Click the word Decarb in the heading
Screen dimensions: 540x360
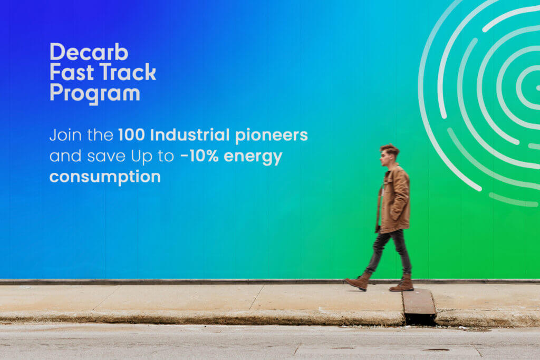coord(89,52)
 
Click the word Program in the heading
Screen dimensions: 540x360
coord(95,94)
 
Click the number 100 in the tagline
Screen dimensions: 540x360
coord(131,135)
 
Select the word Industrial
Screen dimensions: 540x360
coord(190,135)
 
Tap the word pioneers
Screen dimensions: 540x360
coord(272,135)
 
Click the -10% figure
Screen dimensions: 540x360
coord(199,156)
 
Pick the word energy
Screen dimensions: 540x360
coord(253,157)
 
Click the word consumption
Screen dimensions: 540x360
coord(105,177)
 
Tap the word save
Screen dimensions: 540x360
coord(106,157)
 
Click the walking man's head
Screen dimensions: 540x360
coord(389,155)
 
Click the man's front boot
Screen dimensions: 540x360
coord(358,281)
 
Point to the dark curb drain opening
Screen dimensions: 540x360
coord(420,318)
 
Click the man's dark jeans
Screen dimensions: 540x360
coord(391,252)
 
